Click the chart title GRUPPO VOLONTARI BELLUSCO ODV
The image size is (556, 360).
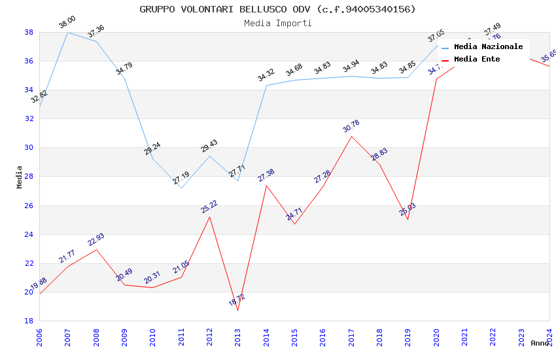click(277, 9)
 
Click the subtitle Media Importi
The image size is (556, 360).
click(277, 23)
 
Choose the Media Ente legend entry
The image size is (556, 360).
click(477, 60)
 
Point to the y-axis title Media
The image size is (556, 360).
click(20, 177)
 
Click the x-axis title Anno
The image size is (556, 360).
click(540, 343)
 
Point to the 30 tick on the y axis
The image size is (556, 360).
click(29, 148)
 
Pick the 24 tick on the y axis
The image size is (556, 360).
click(29, 234)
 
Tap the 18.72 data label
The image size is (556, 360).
click(237, 300)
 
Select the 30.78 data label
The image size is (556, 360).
click(351, 126)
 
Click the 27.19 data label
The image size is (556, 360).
click(181, 178)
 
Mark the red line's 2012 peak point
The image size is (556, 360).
click(209, 217)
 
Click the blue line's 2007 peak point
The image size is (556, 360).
click(67, 32)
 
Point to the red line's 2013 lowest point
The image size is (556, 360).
click(237, 310)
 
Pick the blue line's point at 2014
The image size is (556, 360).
click(266, 85)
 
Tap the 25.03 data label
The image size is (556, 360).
click(407, 209)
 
